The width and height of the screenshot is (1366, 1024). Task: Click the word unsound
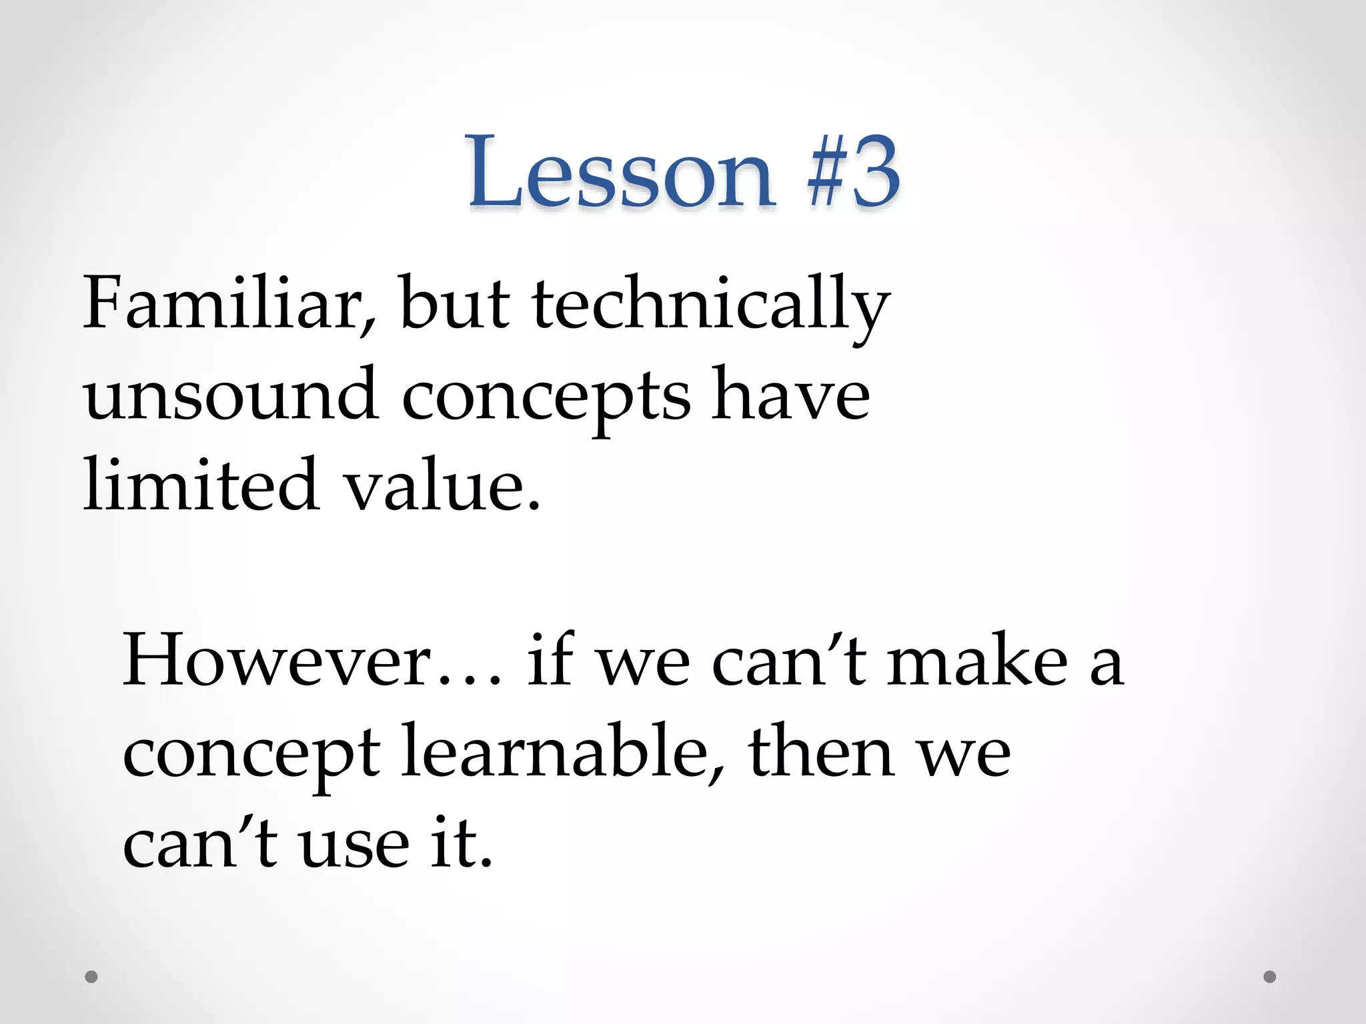(x=231, y=396)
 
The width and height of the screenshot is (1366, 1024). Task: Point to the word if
(x=550, y=660)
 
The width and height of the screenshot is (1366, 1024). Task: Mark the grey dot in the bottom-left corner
(x=91, y=977)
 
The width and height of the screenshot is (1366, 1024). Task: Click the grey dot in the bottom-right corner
(x=1270, y=977)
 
